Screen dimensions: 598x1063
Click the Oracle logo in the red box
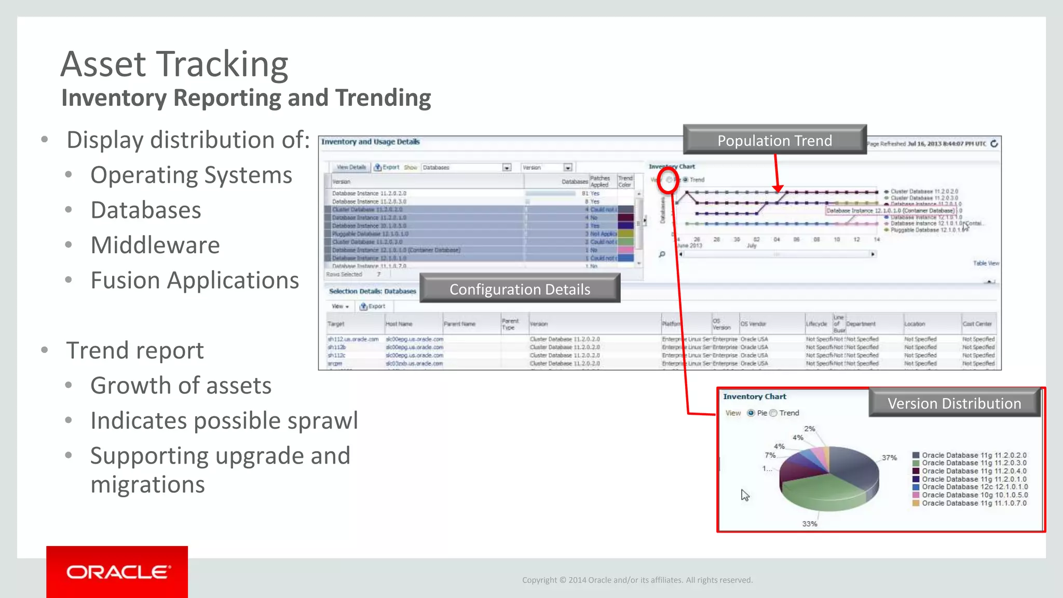(117, 572)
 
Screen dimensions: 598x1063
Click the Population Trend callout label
(774, 140)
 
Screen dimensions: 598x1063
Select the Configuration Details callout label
(520, 289)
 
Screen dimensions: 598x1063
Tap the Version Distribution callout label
(954, 403)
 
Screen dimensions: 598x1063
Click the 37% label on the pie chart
(889, 457)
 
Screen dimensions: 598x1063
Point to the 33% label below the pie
(809, 524)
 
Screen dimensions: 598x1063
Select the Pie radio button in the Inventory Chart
(751, 413)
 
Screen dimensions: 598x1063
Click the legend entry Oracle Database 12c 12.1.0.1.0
(974, 487)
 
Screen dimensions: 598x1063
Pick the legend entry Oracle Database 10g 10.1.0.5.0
(974, 495)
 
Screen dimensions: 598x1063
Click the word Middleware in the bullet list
(155, 245)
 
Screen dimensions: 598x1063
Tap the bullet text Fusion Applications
(195, 280)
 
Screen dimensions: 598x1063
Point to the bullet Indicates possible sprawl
(224, 420)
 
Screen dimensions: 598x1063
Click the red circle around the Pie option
(668, 180)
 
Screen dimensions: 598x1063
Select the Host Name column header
(399, 324)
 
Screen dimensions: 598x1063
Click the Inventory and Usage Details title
(370, 142)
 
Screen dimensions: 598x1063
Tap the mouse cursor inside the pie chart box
(745, 495)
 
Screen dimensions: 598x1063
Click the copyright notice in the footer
(637, 580)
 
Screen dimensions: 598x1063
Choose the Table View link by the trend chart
(986, 263)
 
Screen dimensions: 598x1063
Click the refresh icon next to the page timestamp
(994, 144)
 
